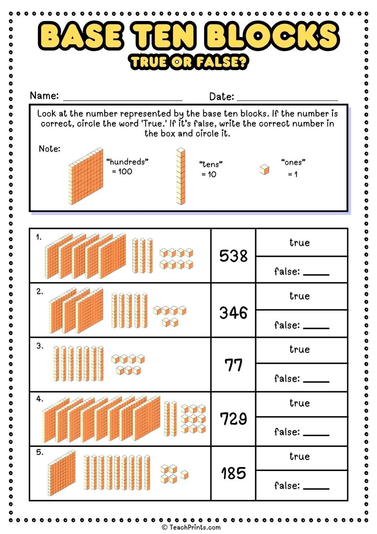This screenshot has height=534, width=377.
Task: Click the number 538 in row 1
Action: (x=233, y=256)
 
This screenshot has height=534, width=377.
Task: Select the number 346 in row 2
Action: (x=233, y=313)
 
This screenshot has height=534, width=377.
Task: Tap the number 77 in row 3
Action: (x=233, y=365)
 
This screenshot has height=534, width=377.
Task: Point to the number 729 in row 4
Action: (x=233, y=419)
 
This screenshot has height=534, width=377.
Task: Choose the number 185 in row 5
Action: (x=233, y=473)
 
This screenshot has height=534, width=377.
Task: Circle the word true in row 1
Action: (x=299, y=243)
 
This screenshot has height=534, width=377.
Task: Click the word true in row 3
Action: (x=299, y=350)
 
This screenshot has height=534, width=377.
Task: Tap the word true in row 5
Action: (x=299, y=457)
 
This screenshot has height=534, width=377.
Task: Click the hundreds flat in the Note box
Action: (x=86, y=177)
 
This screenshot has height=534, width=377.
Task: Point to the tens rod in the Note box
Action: (x=181, y=177)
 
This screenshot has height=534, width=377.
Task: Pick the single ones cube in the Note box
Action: (x=264, y=169)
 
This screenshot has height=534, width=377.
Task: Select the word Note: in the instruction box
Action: (x=49, y=149)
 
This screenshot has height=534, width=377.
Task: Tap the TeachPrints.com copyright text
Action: (x=191, y=527)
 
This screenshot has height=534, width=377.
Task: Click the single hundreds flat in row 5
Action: (x=62, y=473)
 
